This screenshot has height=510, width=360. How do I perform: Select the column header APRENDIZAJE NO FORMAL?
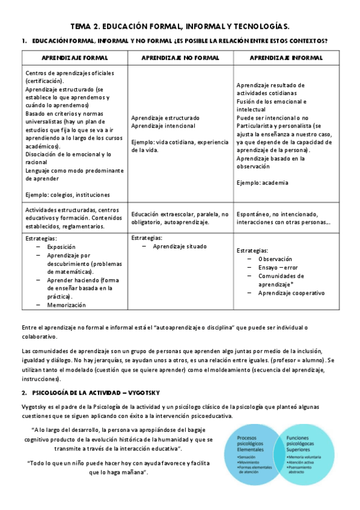coord(180,58)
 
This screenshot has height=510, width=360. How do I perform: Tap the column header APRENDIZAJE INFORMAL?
coord(285,58)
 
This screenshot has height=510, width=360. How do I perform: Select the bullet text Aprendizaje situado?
coord(179,247)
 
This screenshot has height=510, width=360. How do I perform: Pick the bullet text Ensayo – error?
coord(278,268)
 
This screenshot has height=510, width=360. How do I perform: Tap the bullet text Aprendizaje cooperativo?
coord(291,293)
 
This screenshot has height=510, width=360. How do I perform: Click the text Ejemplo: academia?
coord(262,183)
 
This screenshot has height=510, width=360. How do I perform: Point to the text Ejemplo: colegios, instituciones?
coord(68,195)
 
